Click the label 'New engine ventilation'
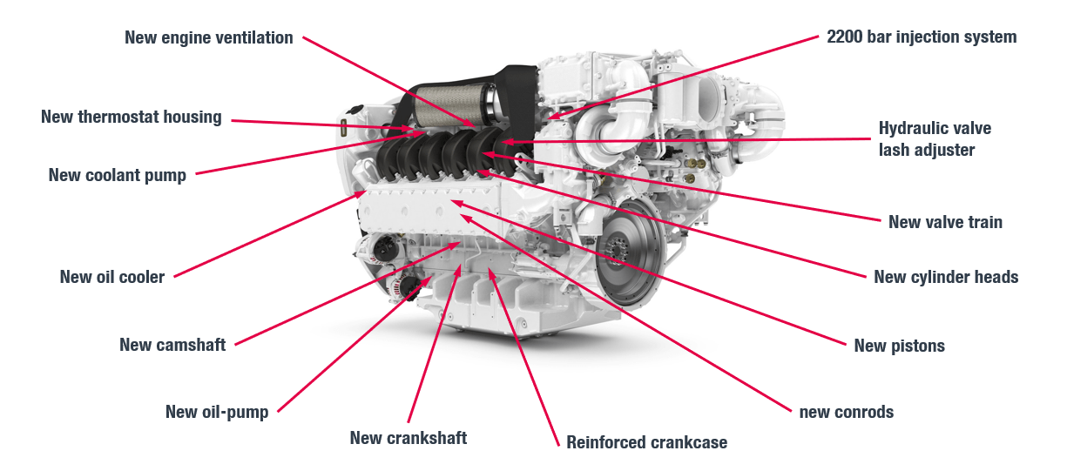208,37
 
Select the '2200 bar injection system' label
922,37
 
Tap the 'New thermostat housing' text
131,117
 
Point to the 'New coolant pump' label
117,175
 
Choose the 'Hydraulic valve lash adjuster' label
935,139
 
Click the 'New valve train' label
945,222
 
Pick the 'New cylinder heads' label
946,277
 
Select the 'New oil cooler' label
111,277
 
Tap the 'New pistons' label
899,346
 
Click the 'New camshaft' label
172,345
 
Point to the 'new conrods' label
846,412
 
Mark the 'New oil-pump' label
216,412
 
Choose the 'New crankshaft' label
408,438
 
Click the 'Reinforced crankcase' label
646,442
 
